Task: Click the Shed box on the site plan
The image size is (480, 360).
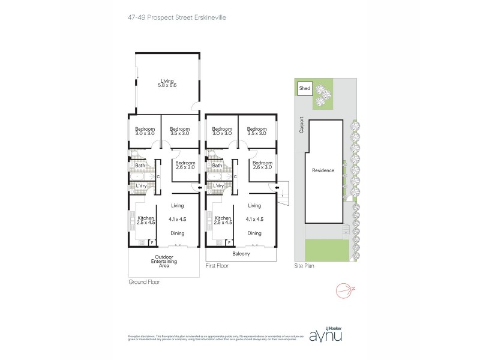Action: [305, 89]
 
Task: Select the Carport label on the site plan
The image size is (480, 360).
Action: [302, 125]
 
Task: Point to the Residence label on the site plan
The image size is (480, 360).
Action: [323, 170]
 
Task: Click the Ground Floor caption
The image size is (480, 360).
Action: [145, 281]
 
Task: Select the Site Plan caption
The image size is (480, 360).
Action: [305, 265]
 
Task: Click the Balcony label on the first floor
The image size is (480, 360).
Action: [242, 254]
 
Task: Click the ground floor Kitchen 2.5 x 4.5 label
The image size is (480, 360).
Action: [146, 220]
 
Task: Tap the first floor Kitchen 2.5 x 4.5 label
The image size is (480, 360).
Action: [223, 220]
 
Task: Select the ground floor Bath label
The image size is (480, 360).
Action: [140, 166]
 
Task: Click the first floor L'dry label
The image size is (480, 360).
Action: [218, 186]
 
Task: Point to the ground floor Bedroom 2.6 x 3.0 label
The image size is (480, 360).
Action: [185, 164]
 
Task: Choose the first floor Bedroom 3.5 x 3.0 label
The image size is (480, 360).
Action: [257, 131]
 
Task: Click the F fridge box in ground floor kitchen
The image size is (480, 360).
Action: [151, 242]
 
